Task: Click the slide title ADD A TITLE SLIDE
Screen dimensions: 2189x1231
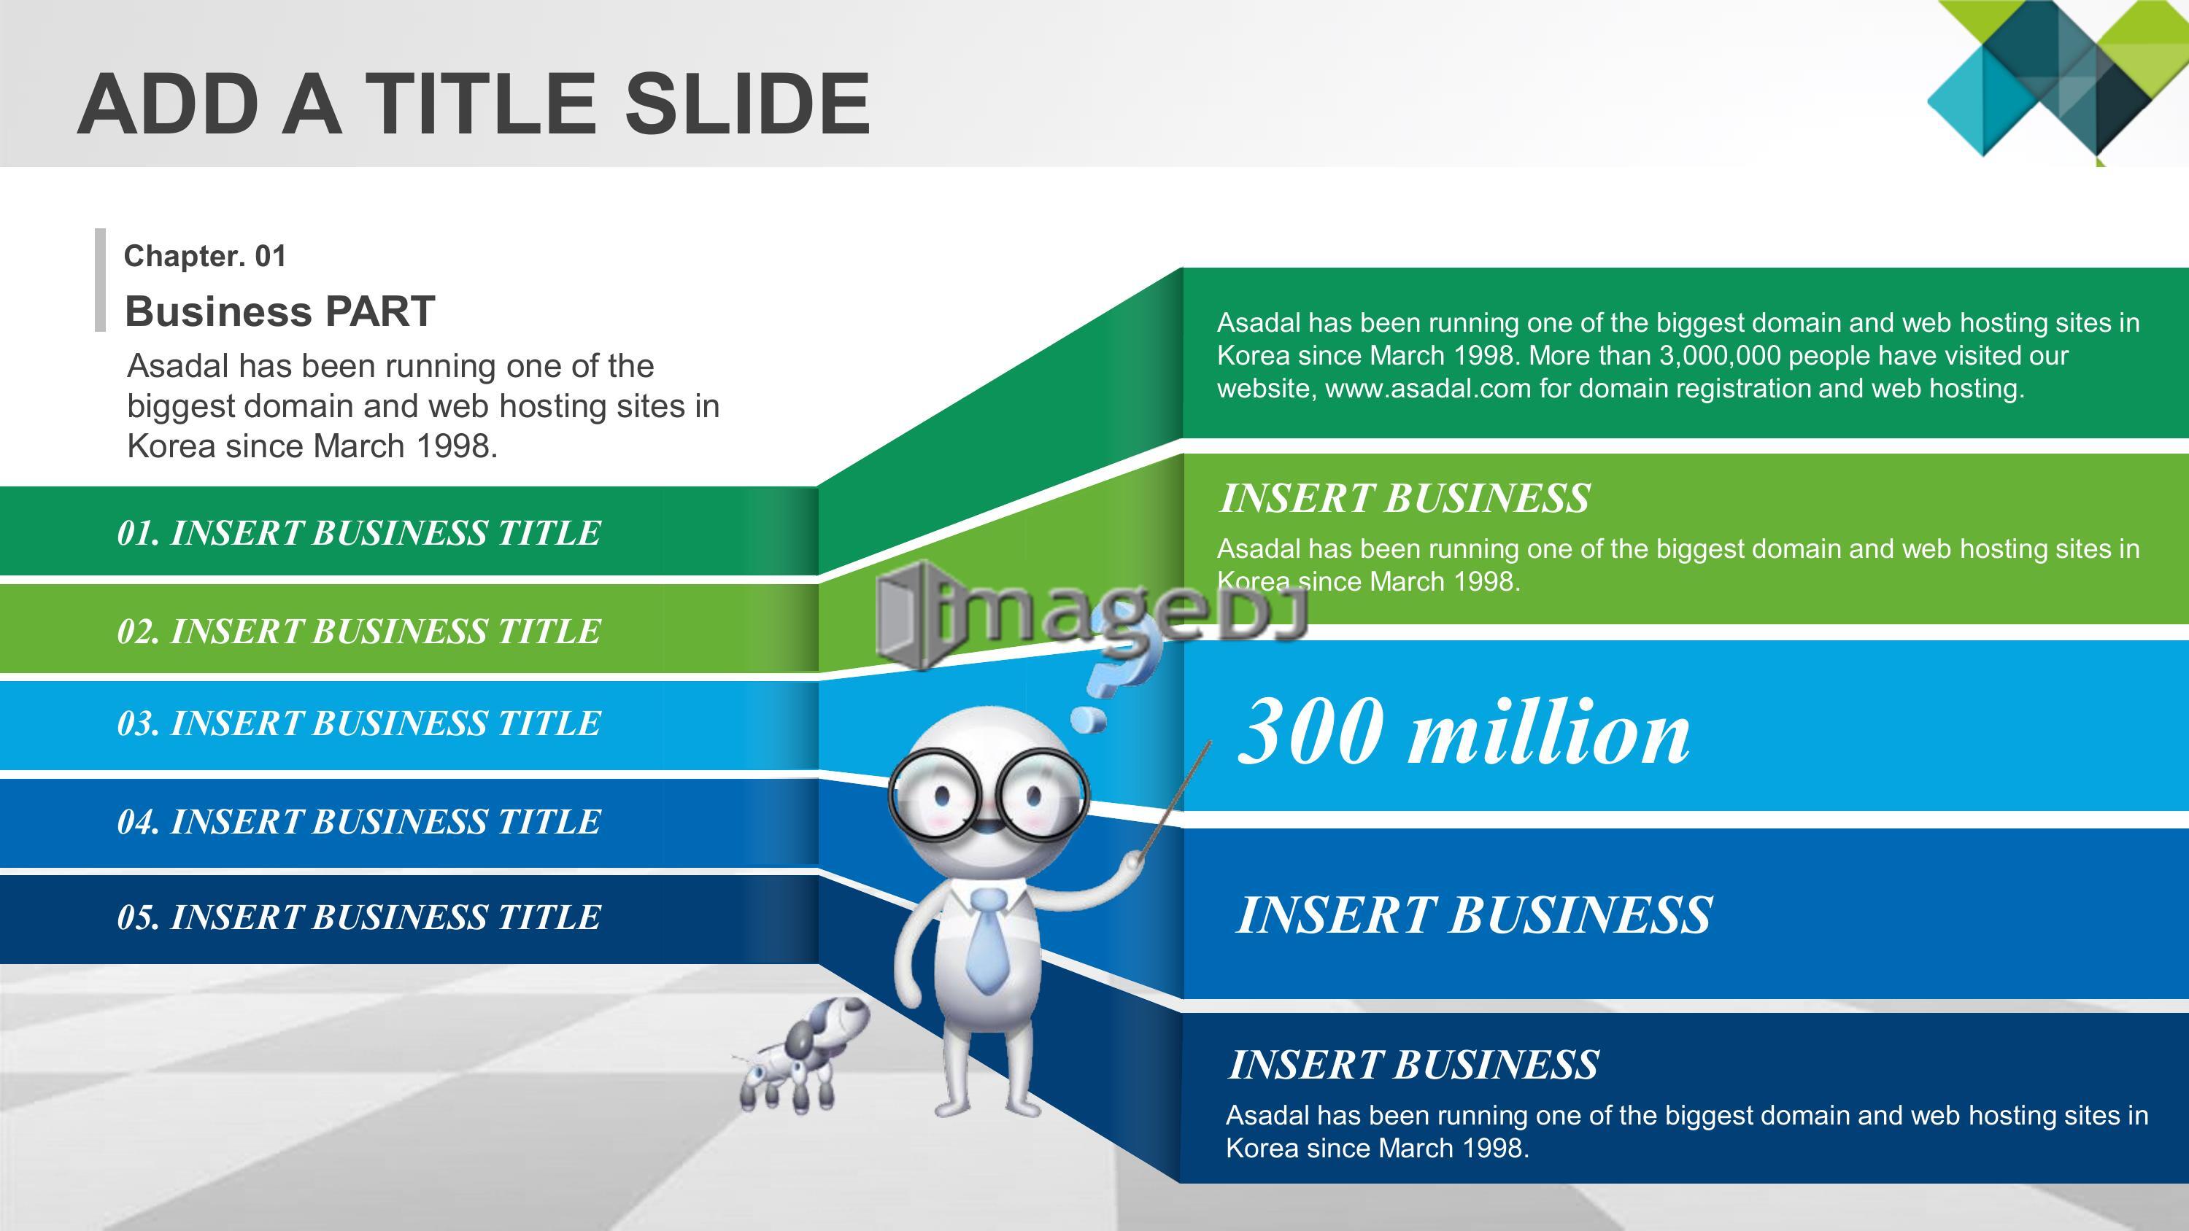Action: click(x=474, y=104)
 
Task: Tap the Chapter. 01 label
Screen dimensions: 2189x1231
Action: click(x=205, y=256)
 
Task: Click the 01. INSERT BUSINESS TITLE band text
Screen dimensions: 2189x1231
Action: click(x=358, y=532)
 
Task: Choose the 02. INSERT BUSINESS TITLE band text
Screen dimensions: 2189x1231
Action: click(x=358, y=632)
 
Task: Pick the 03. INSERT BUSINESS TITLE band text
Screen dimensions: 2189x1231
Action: click(x=358, y=723)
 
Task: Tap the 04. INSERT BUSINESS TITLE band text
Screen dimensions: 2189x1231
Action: click(x=358, y=821)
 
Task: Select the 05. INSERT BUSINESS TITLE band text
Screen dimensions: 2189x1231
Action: click(x=358, y=917)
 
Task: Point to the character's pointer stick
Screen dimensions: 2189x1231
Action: click(x=1173, y=802)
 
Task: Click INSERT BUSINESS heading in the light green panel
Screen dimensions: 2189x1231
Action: click(x=1404, y=498)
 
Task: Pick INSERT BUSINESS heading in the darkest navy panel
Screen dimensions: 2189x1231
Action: click(x=1413, y=1065)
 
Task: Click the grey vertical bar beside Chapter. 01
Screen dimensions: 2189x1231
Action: click(x=100, y=279)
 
